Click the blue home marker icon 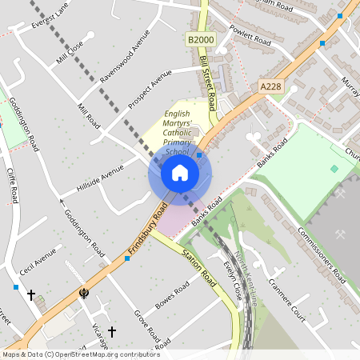pos(179,173)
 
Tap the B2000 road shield pos(202,39)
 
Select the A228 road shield pos(272,86)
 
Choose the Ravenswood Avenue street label pos(125,57)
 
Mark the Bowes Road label pos(175,293)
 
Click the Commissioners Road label pos(318,254)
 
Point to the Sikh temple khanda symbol pos(83,294)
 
